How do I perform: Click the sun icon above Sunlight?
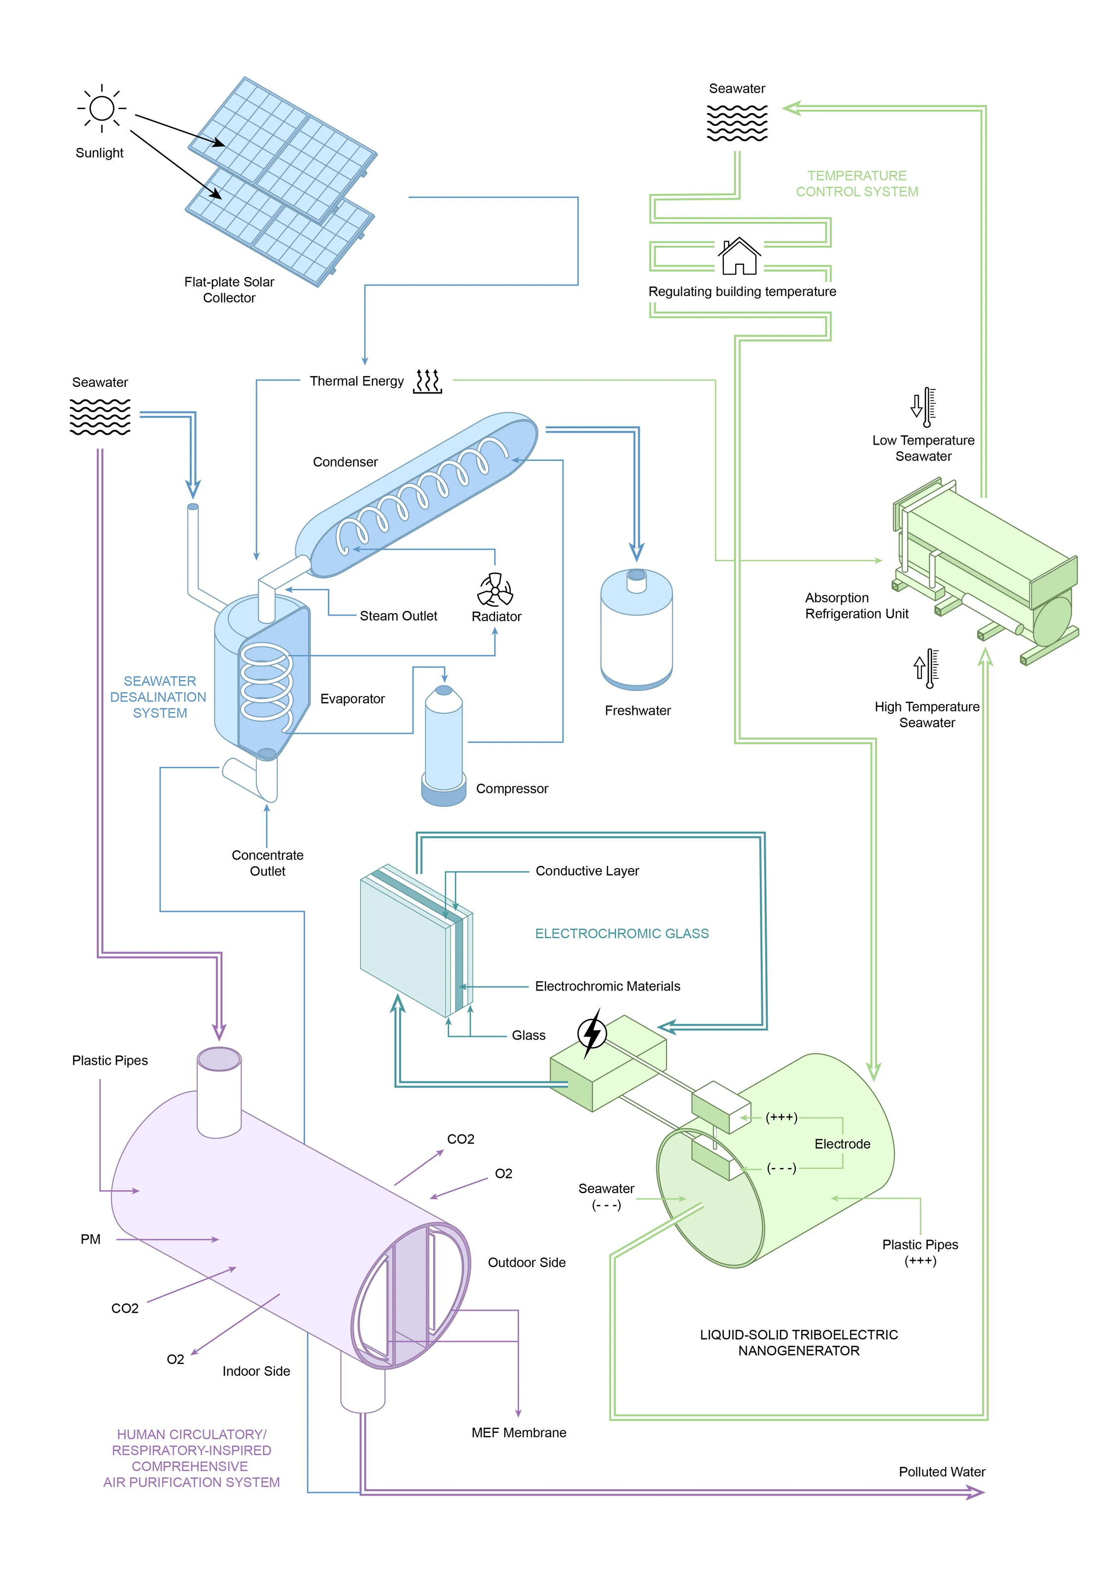click(102, 108)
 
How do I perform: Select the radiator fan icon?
click(495, 589)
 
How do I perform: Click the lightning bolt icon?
click(591, 1033)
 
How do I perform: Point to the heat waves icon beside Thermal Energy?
click(427, 381)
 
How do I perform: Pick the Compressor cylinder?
click(444, 746)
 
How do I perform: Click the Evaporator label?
click(352, 699)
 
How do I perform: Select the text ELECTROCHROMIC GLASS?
click(621, 934)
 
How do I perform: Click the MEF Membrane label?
click(519, 1433)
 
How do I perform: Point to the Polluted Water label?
click(942, 1472)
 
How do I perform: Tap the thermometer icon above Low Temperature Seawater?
click(924, 407)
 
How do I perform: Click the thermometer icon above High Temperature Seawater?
click(926, 668)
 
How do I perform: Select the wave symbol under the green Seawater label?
click(737, 123)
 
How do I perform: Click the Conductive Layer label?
click(587, 871)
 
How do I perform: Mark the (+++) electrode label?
click(782, 1117)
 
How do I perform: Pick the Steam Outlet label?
click(399, 616)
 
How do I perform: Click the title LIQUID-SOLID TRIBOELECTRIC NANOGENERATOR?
click(798, 1343)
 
